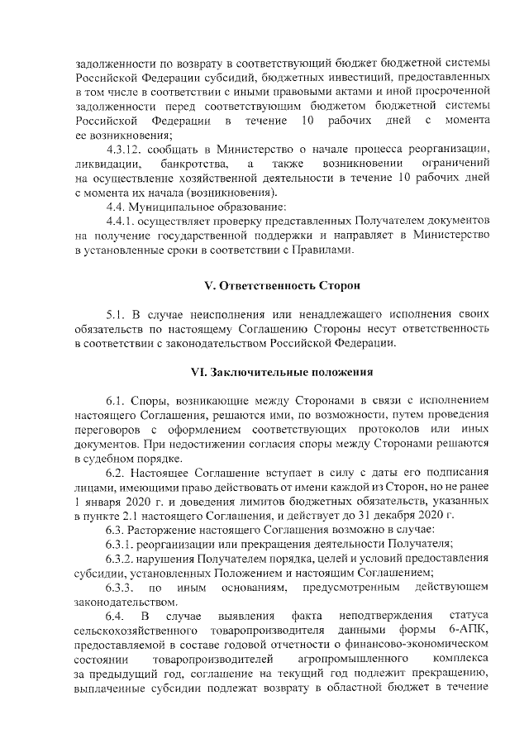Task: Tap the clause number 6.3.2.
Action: (122, 558)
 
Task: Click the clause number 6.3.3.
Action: (122, 587)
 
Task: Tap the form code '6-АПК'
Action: (471, 631)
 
